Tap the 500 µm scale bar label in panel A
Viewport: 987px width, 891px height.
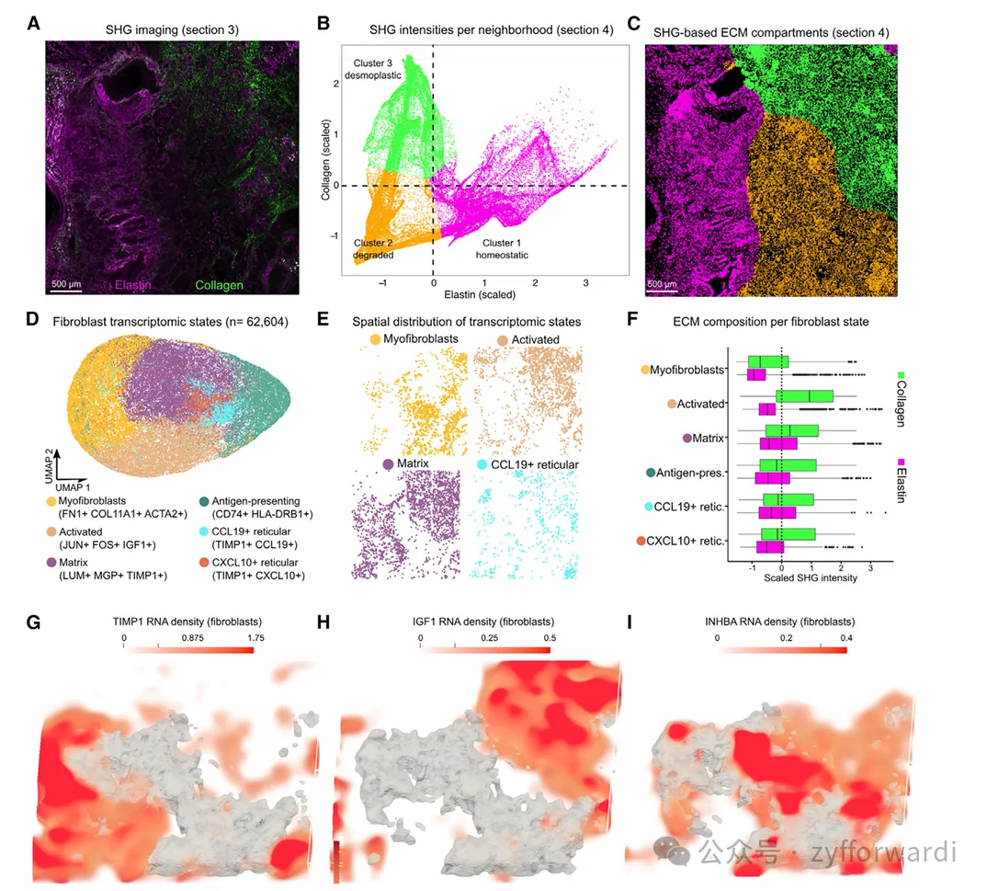pyautogui.click(x=66, y=284)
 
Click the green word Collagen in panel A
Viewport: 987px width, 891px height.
pyautogui.click(x=218, y=285)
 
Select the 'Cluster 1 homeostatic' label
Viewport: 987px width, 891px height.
pyautogui.click(x=502, y=248)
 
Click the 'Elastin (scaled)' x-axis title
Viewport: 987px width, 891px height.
pyautogui.click(x=479, y=295)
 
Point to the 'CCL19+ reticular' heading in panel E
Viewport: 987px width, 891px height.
pyautogui.click(x=533, y=464)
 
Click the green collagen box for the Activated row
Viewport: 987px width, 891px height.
pyautogui.click(x=805, y=396)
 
